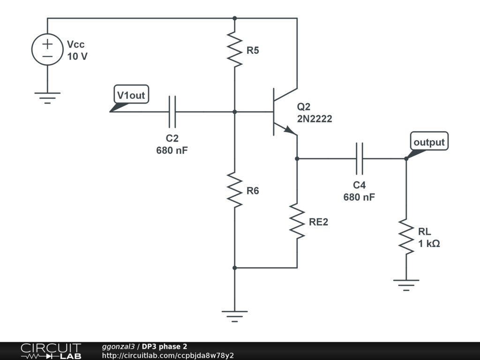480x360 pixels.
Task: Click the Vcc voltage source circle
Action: coord(47,50)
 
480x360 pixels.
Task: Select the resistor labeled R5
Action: coord(234,49)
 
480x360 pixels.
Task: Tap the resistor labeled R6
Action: coord(234,189)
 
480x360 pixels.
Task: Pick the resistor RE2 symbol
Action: coord(297,220)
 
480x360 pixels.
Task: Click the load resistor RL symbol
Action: coord(406,237)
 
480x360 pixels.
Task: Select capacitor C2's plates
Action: coord(172,112)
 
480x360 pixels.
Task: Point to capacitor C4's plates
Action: coord(360,158)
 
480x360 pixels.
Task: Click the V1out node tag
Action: coord(131,96)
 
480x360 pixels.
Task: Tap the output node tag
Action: coord(428,142)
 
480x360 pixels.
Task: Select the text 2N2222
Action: coord(314,119)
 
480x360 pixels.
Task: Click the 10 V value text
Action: coord(77,57)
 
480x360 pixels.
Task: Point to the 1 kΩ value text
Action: coord(429,244)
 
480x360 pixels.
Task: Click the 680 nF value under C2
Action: coord(172,151)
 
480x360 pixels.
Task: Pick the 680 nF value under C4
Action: coord(359,197)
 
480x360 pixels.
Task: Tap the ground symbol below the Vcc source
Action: coord(47,96)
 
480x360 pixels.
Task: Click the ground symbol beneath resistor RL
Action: coord(406,284)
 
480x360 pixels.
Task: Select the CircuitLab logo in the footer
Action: coord(51,351)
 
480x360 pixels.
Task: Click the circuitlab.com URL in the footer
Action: coord(168,355)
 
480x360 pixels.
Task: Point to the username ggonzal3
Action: coord(118,346)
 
